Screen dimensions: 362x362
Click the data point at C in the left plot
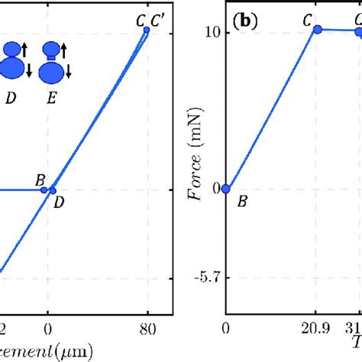click(x=147, y=31)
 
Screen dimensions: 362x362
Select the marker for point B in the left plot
click(x=44, y=189)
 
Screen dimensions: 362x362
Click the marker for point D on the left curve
click(x=53, y=190)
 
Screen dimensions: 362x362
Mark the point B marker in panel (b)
click(x=225, y=189)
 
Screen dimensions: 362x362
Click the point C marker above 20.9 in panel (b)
click(x=318, y=29)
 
